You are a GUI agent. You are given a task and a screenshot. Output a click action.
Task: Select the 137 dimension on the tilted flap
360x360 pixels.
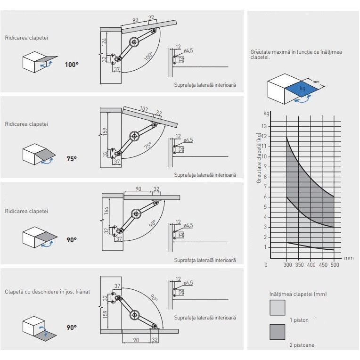pyautogui.click(x=144, y=109)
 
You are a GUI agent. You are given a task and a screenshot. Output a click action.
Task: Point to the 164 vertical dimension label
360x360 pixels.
pyautogui.click(x=106, y=211)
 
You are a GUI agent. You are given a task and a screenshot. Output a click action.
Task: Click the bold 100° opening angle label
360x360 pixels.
pyautogui.click(x=72, y=65)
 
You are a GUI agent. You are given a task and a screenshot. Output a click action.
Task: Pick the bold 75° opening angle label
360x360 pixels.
pyautogui.click(x=71, y=159)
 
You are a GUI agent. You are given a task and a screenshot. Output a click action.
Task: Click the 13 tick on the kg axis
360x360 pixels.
pyautogui.click(x=265, y=126)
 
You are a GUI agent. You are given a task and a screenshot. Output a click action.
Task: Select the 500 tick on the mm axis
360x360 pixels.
pyautogui.click(x=334, y=265)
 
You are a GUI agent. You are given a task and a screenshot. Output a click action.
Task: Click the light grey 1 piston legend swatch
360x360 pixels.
pyautogui.click(x=277, y=308)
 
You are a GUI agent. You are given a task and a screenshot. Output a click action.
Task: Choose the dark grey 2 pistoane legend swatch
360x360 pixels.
pyautogui.click(x=277, y=332)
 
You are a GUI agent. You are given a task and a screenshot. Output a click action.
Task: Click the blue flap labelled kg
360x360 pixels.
pyautogui.click(x=302, y=89)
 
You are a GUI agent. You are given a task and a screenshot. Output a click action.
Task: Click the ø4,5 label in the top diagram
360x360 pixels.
pyautogui.click(x=188, y=50)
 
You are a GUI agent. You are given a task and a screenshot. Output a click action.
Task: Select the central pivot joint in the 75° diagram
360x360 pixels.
pyautogui.click(x=135, y=137)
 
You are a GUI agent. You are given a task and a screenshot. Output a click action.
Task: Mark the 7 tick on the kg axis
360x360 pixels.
pyautogui.click(x=265, y=187)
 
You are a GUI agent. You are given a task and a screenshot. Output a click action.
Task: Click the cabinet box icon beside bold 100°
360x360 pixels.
pyautogui.click(x=38, y=63)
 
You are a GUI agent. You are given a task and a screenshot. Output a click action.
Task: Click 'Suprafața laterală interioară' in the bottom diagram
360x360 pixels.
pyautogui.click(x=205, y=318)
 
